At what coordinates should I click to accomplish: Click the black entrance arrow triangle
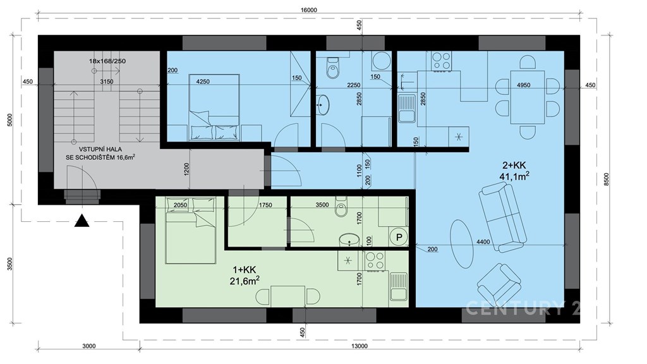click(82, 221)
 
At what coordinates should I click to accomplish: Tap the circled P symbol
click(399, 238)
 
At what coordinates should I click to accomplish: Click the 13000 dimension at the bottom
click(359, 346)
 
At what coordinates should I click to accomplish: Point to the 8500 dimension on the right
click(606, 179)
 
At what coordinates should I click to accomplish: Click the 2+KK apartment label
click(514, 166)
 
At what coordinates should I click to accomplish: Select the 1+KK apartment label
click(245, 270)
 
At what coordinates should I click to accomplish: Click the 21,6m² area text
click(245, 281)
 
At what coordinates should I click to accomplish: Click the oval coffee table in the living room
click(461, 243)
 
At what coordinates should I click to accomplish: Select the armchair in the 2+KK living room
click(499, 285)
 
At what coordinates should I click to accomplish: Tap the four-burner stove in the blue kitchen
click(441, 61)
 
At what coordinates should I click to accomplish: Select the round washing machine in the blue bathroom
click(381, 61)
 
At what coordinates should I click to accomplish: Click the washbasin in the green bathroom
click(349, 240)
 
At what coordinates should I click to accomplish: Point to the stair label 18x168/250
click(107, 61)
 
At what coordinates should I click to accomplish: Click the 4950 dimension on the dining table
click(523, 85)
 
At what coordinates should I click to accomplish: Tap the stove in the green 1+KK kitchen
click(375, 261)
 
